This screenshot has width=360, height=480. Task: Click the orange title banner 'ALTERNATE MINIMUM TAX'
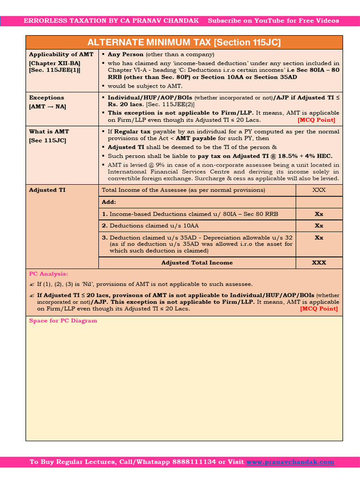point(184,42)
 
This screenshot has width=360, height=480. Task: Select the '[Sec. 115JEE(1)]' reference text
point(54,70)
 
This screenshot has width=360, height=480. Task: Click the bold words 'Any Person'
point(126,54)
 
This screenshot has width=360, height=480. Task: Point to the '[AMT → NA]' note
point(47,106)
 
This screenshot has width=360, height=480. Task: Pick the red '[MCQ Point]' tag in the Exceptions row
point(316,120)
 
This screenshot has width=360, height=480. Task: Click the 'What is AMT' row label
point(49,132)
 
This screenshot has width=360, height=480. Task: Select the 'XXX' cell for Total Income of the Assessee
point(319,190)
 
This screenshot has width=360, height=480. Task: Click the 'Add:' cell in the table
point(109,202)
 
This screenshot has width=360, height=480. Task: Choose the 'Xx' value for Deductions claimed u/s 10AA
point(319,225)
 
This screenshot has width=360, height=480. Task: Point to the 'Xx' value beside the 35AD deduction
point(319,238)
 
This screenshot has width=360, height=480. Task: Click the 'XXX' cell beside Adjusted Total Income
point(319,262)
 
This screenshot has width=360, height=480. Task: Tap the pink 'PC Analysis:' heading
point(48,274)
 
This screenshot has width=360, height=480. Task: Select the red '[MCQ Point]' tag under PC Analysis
point(319,308)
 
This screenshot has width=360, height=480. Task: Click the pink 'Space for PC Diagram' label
point(63,321)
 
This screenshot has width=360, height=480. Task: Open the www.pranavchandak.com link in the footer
point(290,462)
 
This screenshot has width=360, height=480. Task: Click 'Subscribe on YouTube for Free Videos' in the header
point(273,21)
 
